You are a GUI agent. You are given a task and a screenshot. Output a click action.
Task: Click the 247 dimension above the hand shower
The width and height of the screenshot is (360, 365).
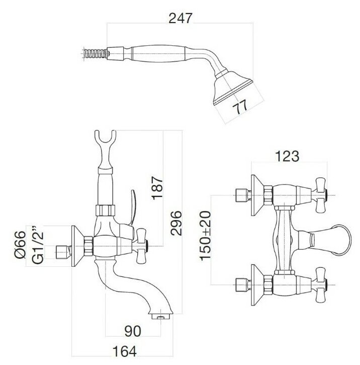pyautogui.click(x=179, y=19)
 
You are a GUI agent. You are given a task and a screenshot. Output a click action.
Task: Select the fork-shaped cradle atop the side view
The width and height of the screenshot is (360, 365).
pyautogui.click(x=106, y=142)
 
